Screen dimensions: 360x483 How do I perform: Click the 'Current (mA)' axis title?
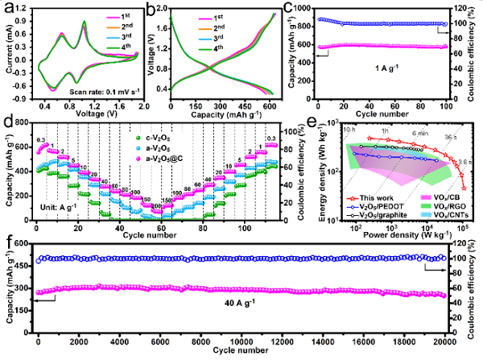[7, 54]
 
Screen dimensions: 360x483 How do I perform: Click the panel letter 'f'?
[6, 242]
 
